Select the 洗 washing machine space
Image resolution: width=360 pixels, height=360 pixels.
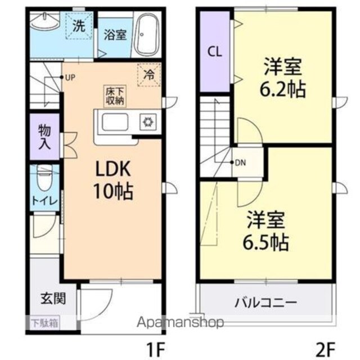click(x=79, y=26)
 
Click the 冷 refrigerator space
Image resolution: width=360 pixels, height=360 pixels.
click(x=148, y=75)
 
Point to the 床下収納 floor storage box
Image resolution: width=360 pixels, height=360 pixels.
click(x=115, y=96)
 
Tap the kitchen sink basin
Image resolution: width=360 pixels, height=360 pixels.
click(x=115, y=122)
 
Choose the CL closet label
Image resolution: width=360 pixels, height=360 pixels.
click(x=215, y=52)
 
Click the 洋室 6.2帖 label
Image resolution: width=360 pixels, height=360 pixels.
click(x=282, y=78)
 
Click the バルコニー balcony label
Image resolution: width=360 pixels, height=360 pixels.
click(x=265, y=303)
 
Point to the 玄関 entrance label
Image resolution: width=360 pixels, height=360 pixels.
click(x=53, y=299)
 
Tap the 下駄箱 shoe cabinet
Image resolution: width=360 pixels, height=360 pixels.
click(x=45, y=323)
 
